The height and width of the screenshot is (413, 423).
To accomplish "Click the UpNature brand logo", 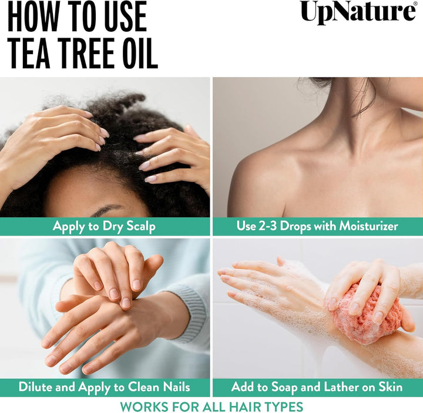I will click(x=358, y=12).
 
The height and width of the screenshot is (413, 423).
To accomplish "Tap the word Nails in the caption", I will click(x=176, y=387).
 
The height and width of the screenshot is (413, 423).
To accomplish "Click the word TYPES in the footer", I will click(x=283, y=406).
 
